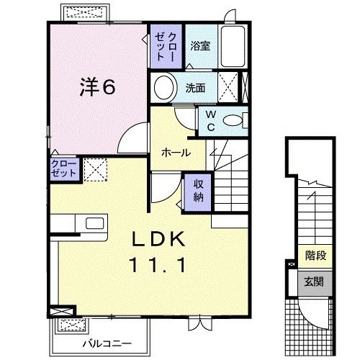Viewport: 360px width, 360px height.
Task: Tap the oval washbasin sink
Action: click(x=165, y=89)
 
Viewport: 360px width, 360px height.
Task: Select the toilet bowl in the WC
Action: click(x=233, y=120)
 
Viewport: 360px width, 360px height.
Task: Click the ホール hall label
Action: click(x=176, y=153)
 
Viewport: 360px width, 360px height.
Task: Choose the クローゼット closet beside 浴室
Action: click(x=166, y=45)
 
